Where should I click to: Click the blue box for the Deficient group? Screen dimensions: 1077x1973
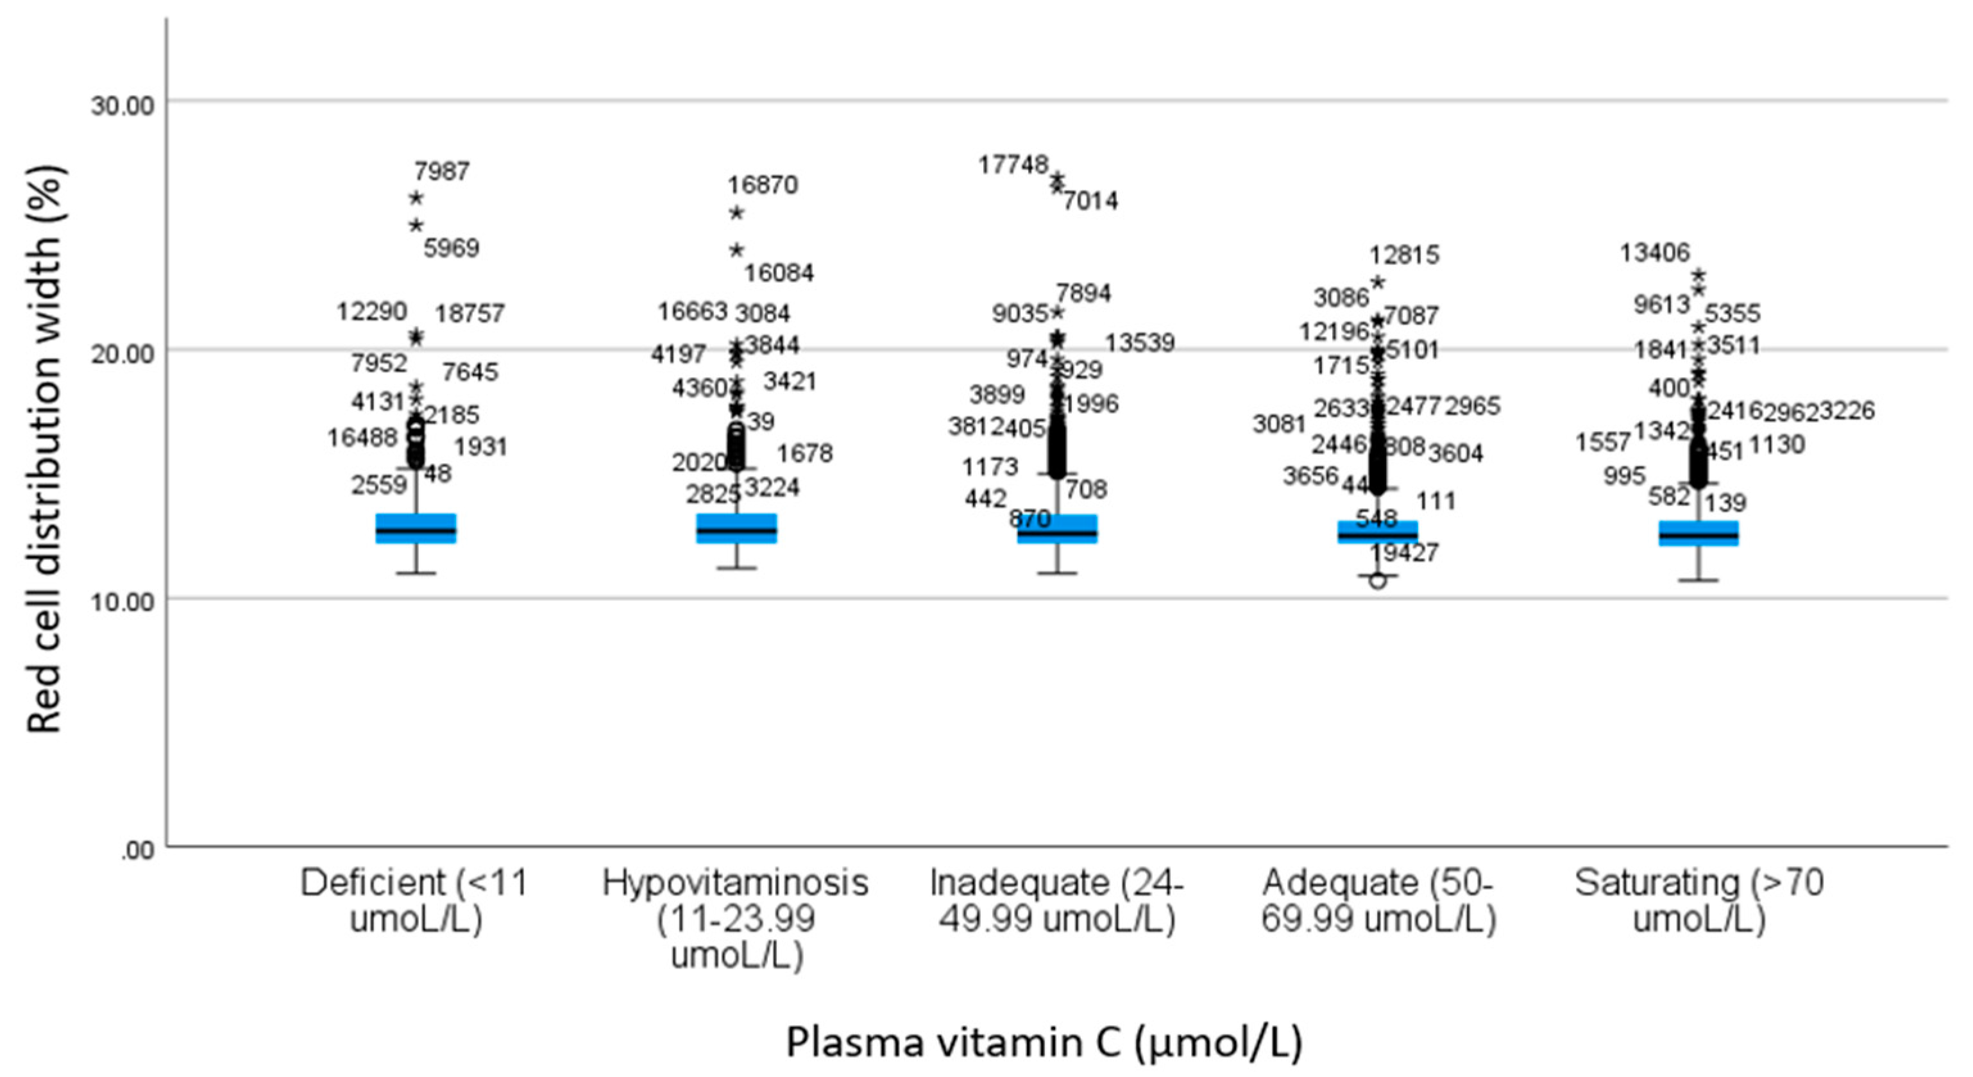(415, 529)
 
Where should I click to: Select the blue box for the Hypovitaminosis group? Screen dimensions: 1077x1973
(736, 529)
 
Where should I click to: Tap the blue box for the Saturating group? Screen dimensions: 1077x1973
(1698, 533)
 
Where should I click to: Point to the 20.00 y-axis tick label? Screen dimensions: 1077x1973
(123, 353)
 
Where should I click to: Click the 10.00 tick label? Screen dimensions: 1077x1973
(123, 602)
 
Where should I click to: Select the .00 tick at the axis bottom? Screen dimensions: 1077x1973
(138, 851)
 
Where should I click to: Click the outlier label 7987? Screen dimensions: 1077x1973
(442, 171)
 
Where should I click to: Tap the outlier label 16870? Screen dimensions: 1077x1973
(763, 185)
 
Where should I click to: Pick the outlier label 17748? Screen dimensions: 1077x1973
(1013, 165)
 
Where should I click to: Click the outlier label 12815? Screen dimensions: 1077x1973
(1404, 254)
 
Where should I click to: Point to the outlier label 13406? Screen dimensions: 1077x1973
(1654, 252)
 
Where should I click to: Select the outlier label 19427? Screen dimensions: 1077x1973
(1404, 552)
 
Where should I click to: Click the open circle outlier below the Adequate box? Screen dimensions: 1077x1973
(1377, 581)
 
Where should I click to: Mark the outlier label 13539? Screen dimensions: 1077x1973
(1140, 343)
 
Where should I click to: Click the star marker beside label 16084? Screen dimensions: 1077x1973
(736, 250)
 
